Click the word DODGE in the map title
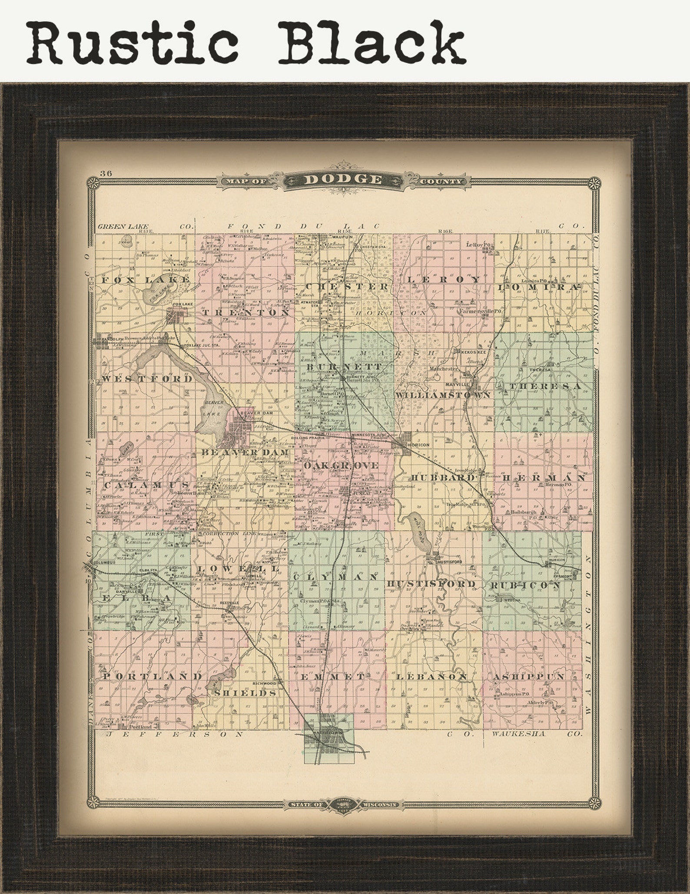343,179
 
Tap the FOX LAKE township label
145,280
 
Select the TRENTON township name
246,313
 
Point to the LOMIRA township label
539,287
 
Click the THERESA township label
545,386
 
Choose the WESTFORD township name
147,379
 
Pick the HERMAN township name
544,477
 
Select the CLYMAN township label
335,577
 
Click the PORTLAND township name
153,676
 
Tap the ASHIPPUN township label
528,676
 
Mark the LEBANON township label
431,676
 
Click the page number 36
106,173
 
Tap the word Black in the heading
372,43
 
